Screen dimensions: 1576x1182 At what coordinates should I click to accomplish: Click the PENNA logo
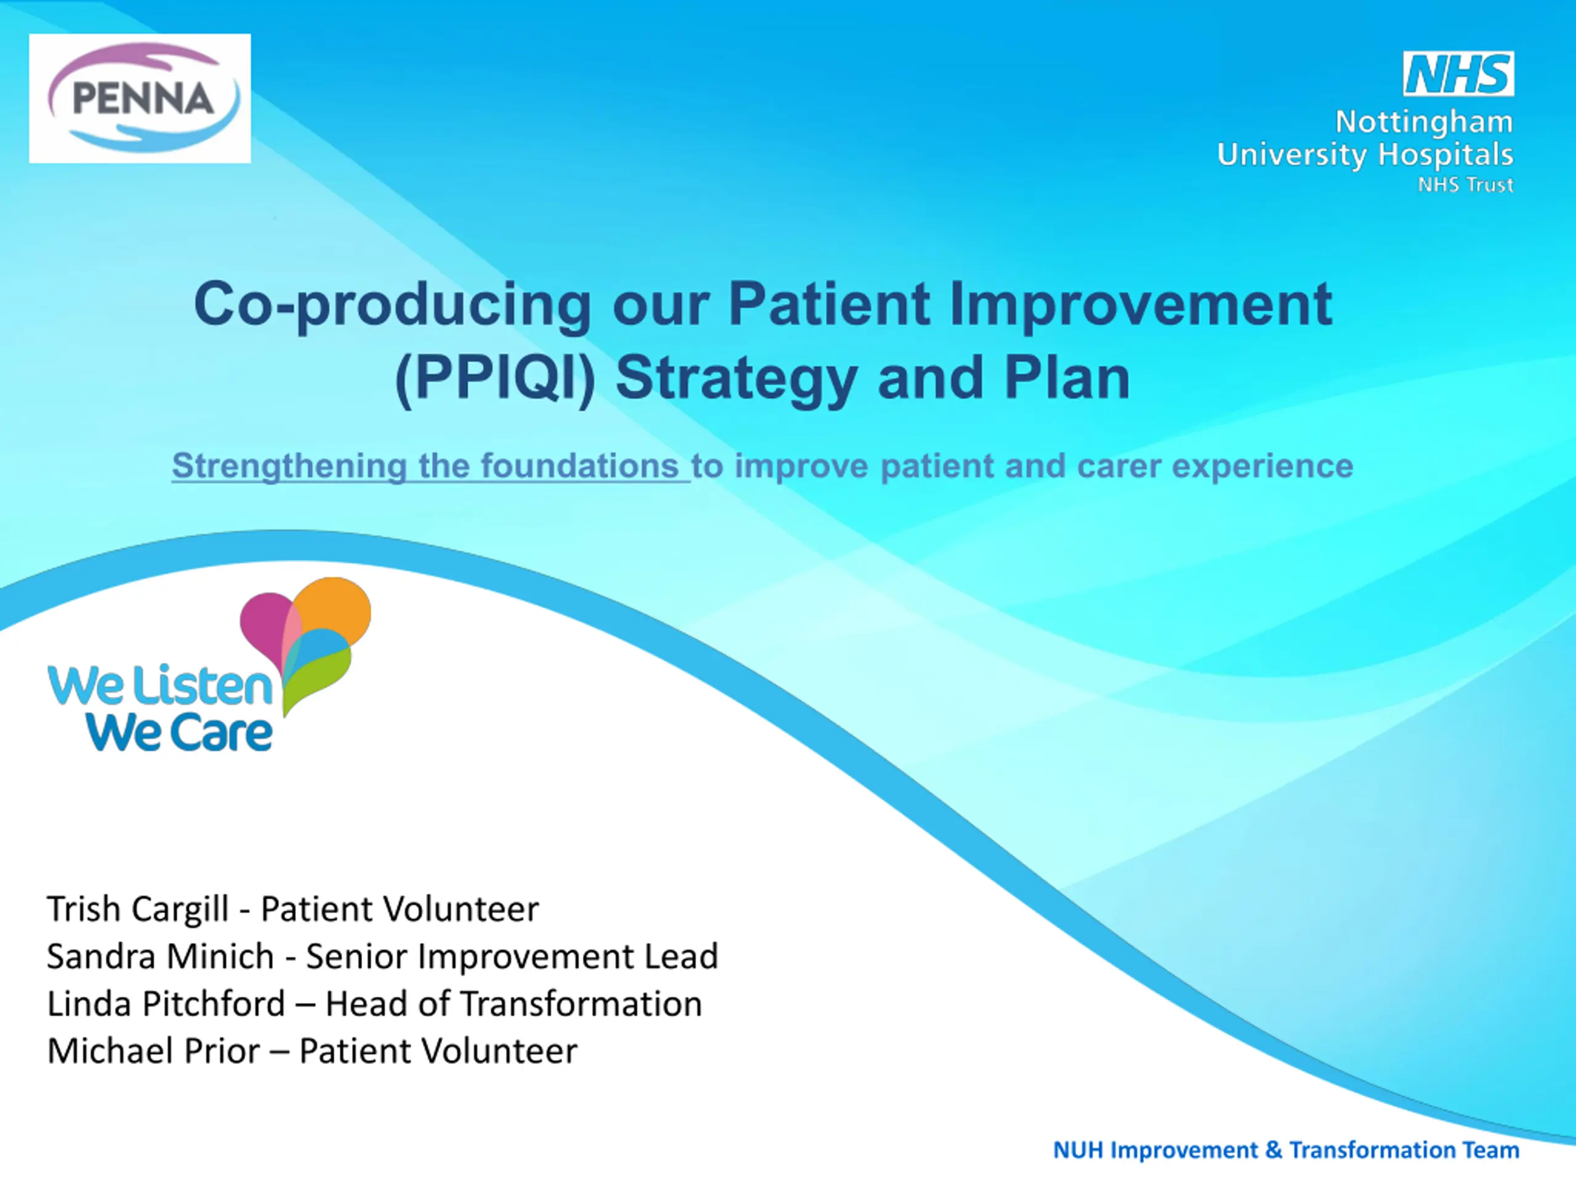(x=140, y=98)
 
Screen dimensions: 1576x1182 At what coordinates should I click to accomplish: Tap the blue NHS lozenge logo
(x=1458, y=73)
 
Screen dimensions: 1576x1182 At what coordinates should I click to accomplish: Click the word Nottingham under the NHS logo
(x=1423, y=123)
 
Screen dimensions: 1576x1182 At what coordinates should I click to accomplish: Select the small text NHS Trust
(x=1466, y=185)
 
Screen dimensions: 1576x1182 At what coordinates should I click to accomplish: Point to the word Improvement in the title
(x=1141, y=304)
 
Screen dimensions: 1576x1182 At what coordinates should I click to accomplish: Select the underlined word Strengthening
(x=289, y=467)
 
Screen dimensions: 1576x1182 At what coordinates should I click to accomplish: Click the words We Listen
(x=160, y=685)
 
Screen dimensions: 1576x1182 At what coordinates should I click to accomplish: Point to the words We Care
(x=179, y=733)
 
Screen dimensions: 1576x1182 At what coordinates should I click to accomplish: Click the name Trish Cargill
(x=137, y=909)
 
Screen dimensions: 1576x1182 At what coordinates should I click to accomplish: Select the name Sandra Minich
(x=160, y=956)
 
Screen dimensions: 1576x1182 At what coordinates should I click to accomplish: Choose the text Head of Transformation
(x=513, y=1004)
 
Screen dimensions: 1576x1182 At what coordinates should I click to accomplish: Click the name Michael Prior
(x=154, y=1051)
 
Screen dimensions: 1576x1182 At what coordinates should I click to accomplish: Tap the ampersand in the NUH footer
(x=1274, y=1150)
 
